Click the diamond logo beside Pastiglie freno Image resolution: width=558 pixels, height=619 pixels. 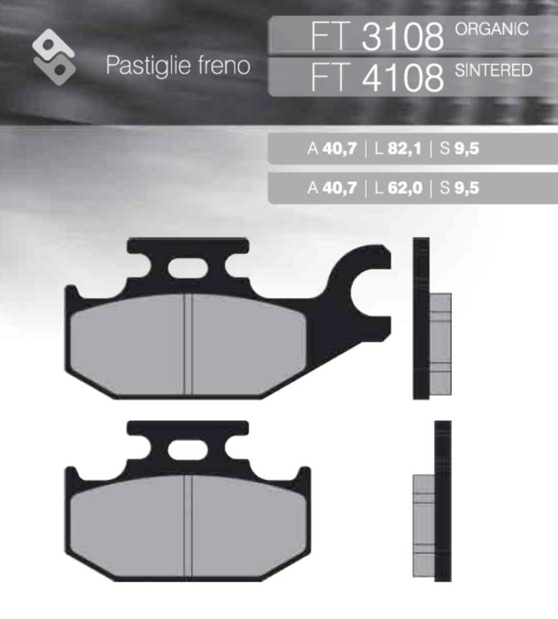pyautogui.click(x=53, y=55)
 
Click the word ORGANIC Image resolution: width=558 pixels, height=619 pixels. pyautogui.click(x=492, y=29)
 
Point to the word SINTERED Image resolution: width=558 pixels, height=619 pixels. pyautogui.click(x=493, y=70)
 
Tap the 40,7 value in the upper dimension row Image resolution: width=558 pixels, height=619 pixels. pyautogui.click(x=341, y=149)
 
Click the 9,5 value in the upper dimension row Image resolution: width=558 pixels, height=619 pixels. pyautogui.click(x=467, y=149)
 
